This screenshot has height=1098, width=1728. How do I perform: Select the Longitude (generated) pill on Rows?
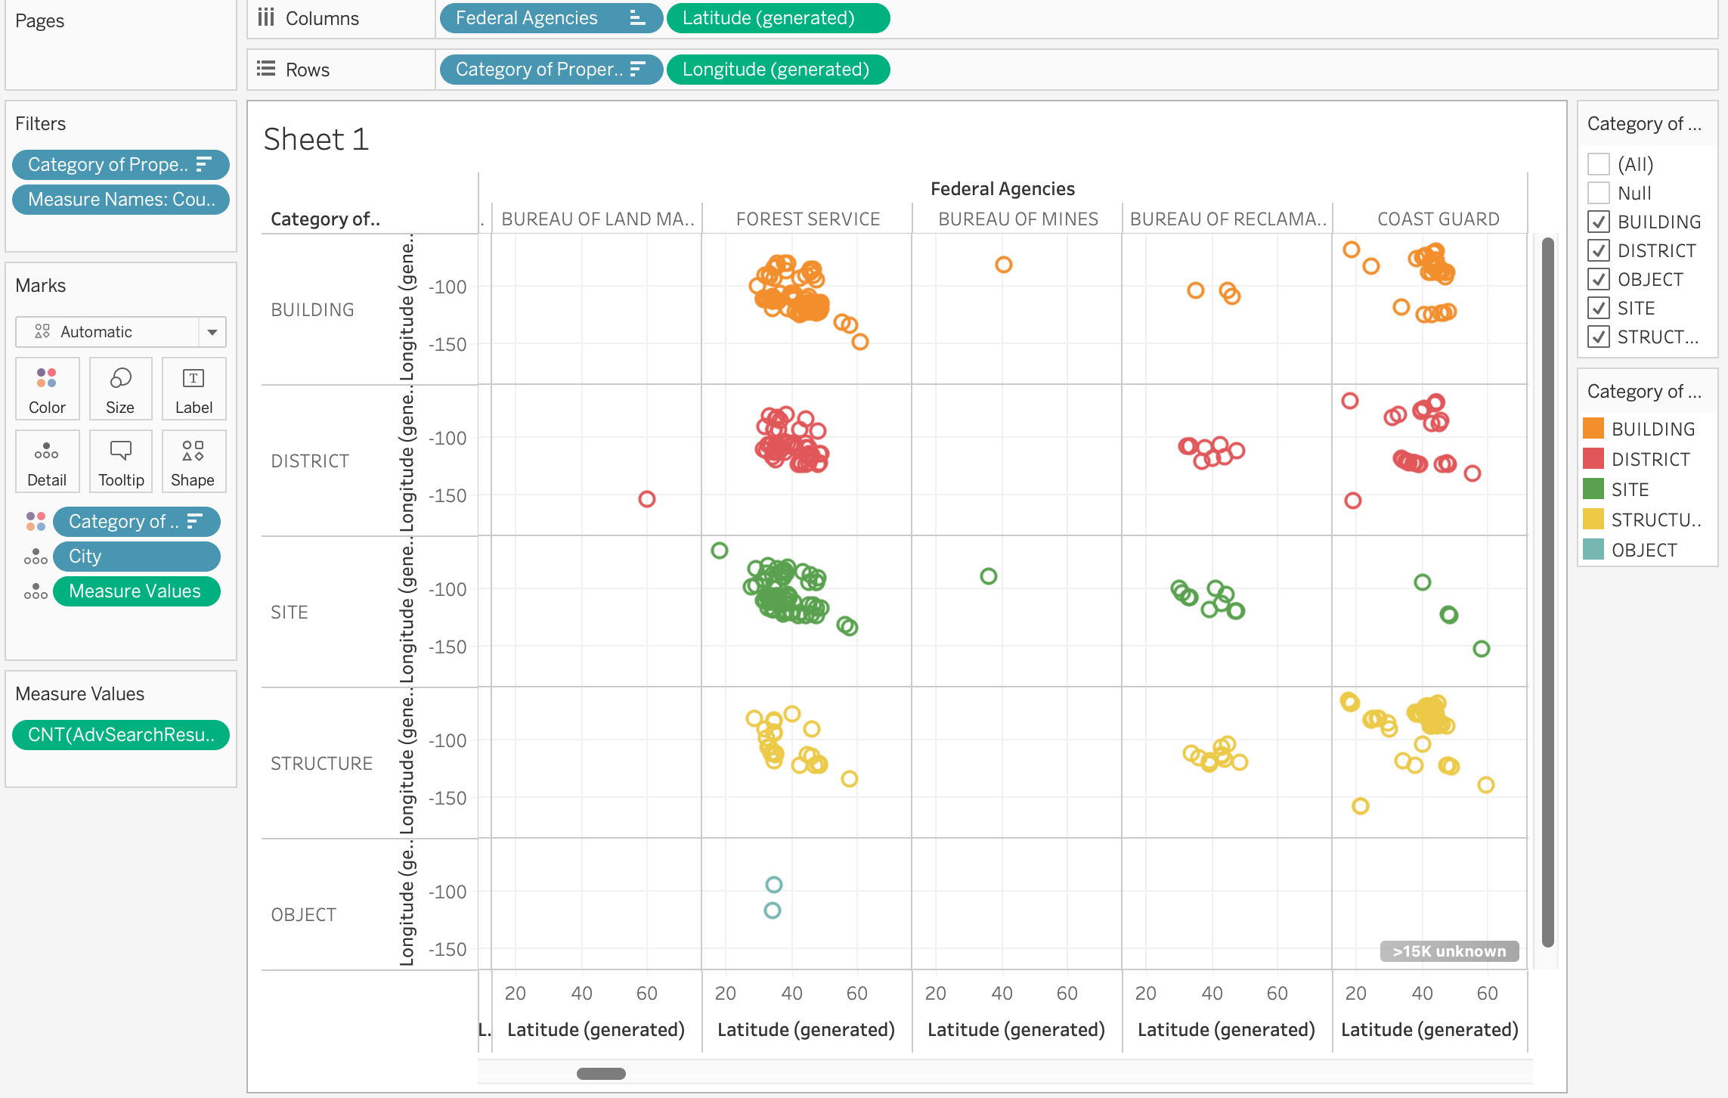coord(776,70)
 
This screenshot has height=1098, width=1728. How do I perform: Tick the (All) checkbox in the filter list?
coord(1598,164)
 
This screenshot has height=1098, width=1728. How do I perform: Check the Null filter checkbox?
coord(1598,193)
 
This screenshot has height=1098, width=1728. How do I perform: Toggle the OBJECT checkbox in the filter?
coord(1598,279)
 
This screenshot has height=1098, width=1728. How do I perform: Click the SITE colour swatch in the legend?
coord(1593,489)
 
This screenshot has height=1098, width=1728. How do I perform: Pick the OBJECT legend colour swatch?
coord(1593,550)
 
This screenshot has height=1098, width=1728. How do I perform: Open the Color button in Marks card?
coord(47,389)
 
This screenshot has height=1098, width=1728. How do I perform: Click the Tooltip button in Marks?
coord(121,461)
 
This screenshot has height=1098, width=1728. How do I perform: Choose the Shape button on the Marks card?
coord(193,461)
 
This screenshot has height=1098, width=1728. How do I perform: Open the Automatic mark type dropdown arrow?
coord(212,332)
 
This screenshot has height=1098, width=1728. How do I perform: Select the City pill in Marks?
coord(136,557)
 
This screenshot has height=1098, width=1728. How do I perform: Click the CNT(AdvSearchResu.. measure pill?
coord(121,735)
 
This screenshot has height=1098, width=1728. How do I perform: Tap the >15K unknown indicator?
coord(1449,951)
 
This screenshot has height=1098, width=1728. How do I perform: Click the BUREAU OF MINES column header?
coord(1017,219)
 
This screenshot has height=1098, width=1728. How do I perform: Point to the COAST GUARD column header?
coord(1438,219)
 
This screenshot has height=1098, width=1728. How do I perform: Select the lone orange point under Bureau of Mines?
coord(1003,265)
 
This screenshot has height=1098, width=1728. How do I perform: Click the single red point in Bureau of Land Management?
coord(646,499)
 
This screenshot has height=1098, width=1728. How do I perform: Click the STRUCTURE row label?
coord(321,764)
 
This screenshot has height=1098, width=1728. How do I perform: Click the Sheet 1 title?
coord(316,140)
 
